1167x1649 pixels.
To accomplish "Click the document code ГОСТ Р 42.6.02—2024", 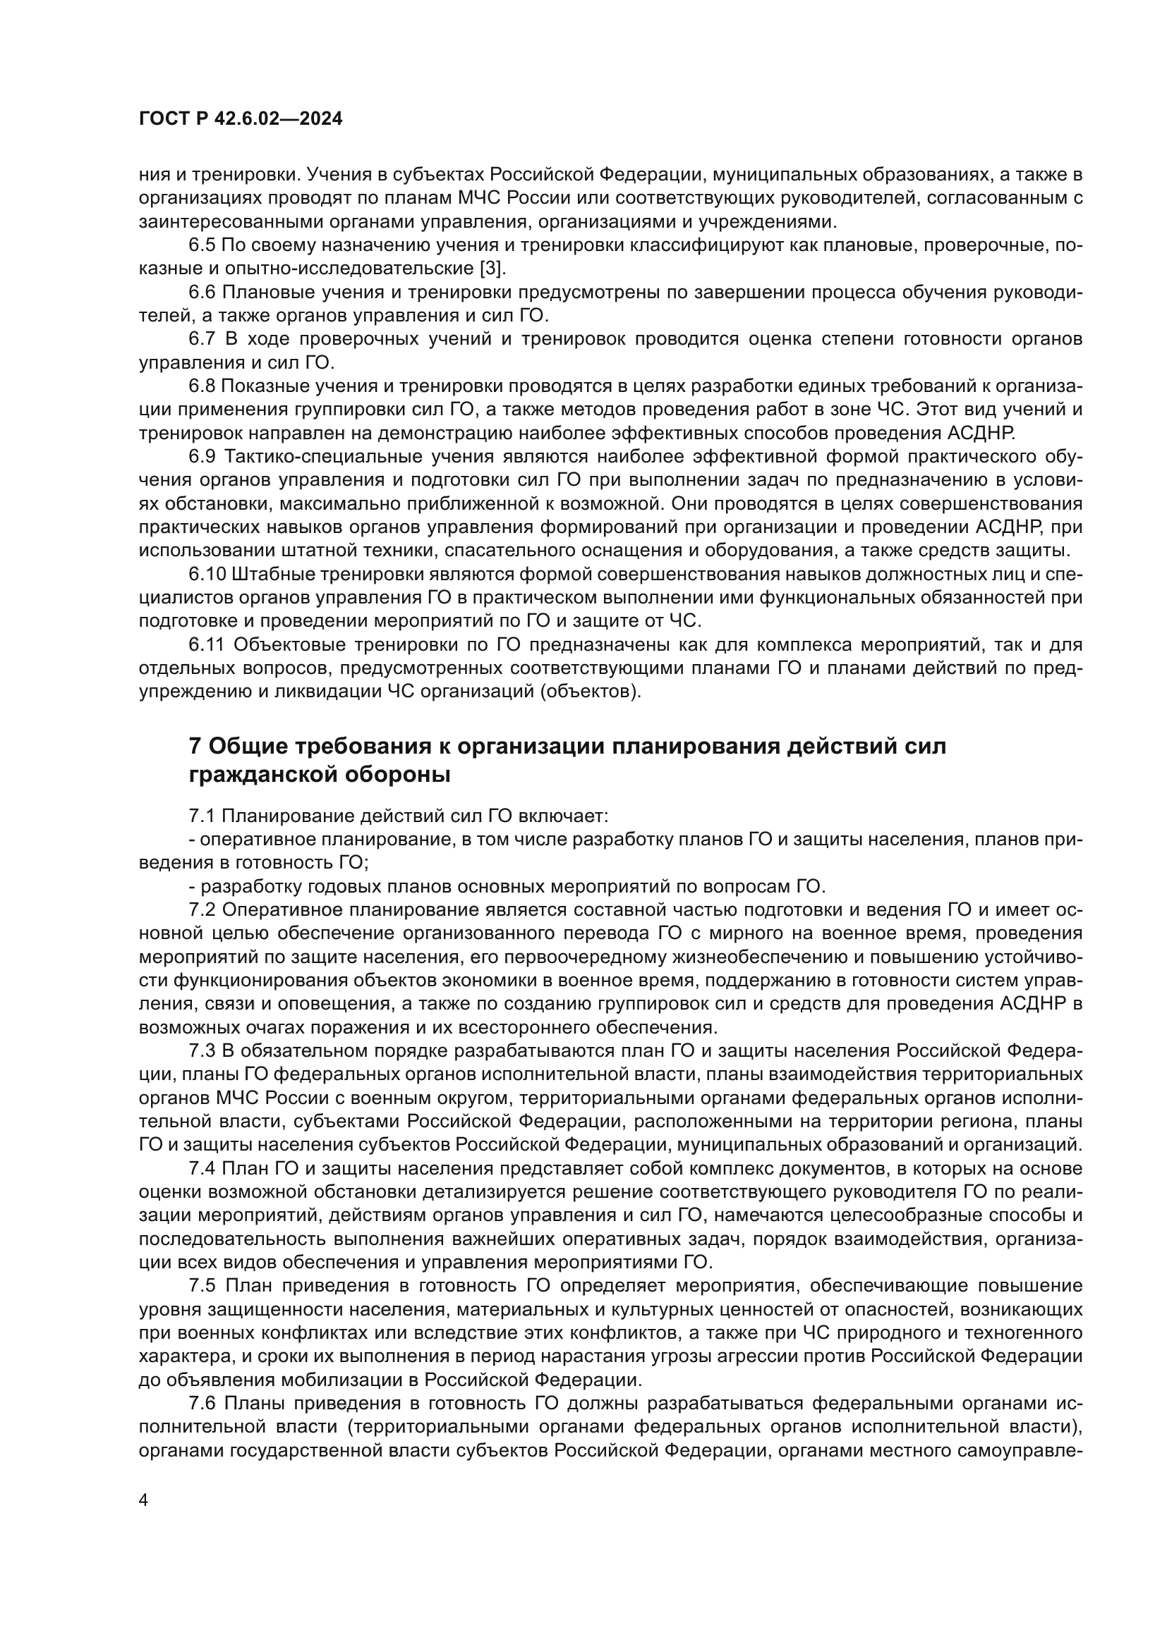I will (x=240, y=119).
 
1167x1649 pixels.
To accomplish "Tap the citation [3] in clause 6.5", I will (x=492, y=269).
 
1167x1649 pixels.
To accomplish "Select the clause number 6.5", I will (x=202, y=245).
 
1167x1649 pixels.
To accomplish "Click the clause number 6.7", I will (x=202, y=339).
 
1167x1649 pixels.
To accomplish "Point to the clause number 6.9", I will (x=202, y=457).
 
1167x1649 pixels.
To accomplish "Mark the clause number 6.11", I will (x=207, y=645).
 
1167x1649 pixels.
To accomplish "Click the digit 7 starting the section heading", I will (x=195, y=746).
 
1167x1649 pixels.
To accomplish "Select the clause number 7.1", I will (x=202, y=816).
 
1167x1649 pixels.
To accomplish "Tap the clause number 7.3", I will (x=202, y=1050).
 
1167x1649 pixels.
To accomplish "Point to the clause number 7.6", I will (x=202, y=1403).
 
